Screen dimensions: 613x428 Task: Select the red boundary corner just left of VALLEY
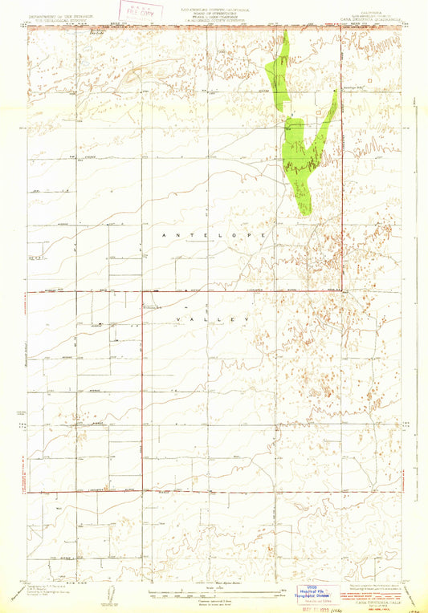[143, 291]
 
